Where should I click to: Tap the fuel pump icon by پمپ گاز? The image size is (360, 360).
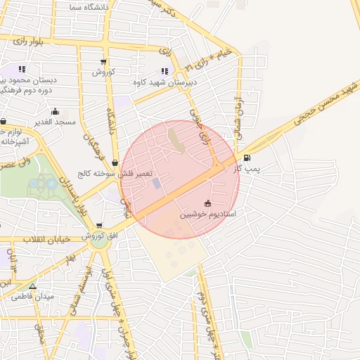pos(246,157)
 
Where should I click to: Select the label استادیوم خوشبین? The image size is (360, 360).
pos(207,213)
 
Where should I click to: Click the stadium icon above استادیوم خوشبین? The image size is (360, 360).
pos(207,202)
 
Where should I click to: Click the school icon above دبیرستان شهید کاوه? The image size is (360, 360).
pos(165,71)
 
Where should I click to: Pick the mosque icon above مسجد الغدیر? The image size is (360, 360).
pos(56,112)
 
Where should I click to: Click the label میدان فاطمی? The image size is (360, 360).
pos(32,297)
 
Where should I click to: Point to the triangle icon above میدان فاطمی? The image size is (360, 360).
pos(32,286)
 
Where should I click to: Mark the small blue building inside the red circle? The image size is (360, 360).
pos(155,184)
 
